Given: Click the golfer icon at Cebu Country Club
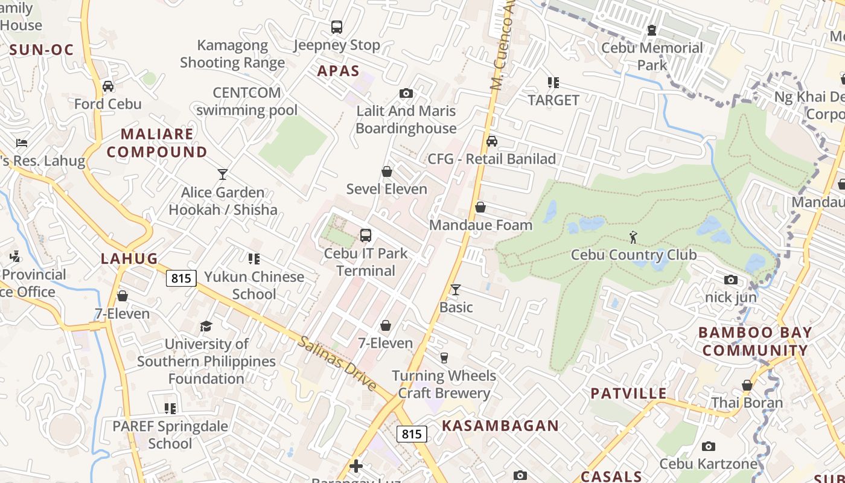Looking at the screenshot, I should [633, 237].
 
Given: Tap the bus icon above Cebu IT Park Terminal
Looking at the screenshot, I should [365, 235].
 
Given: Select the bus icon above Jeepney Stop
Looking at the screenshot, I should [337, 27].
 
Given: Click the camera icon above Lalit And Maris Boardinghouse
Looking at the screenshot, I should [406, 93].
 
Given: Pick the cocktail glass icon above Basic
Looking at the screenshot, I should [456, 290].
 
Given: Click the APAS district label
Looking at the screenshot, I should [338, 71].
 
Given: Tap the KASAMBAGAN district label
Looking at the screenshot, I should [500, 425].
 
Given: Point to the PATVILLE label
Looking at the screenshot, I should [628, 393].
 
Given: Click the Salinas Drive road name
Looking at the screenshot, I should [337, 363].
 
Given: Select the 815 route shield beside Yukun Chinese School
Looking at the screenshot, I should [181, 278].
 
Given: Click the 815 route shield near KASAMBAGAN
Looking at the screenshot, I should [412, 433].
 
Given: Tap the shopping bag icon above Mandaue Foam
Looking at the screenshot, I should [480, 208].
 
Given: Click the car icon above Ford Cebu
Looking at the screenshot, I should [108, 86].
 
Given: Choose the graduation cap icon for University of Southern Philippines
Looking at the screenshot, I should [206, 326].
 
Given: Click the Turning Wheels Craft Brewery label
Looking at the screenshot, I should [444, 384].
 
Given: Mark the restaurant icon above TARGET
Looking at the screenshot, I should [553, 82].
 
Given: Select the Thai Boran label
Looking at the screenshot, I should [747, 403].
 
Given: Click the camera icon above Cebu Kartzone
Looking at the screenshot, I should [709, 447].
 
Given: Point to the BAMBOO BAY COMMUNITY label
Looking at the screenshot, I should [754, 341].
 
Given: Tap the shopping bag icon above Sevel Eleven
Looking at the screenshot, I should [387, 171].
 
